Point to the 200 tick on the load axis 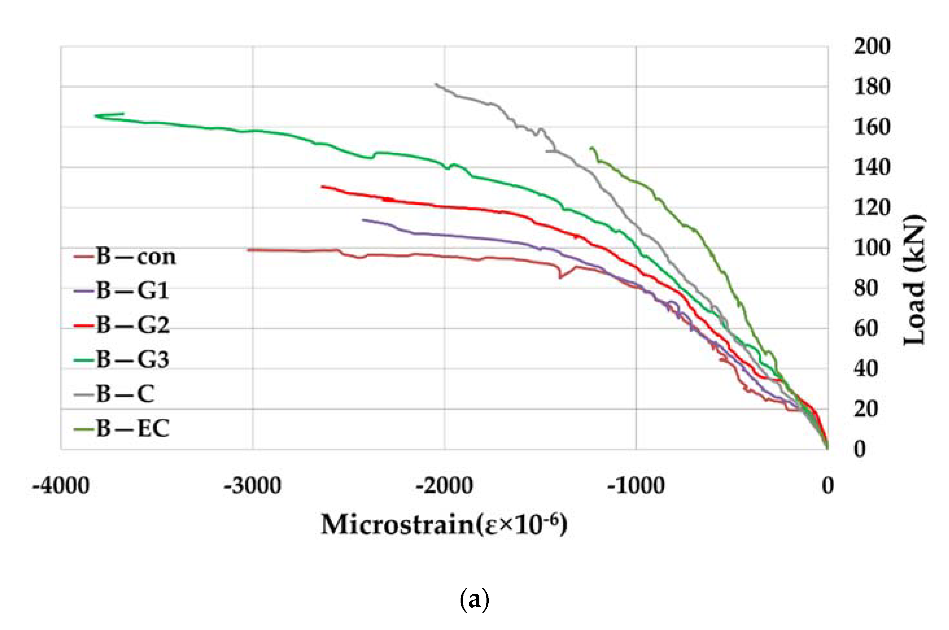[x=872, y=46]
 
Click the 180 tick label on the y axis [x=872, y=86]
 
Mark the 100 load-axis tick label [x=872, y=248]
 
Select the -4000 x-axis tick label [x=61, y=486]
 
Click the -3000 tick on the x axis [x=252, y=486]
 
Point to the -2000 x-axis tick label [x=444, y=486]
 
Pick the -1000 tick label [x=636, y=486]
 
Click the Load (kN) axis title [x=914, y=280]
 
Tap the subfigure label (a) [x=474, y=600]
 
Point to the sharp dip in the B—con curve [x=560, y=276]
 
